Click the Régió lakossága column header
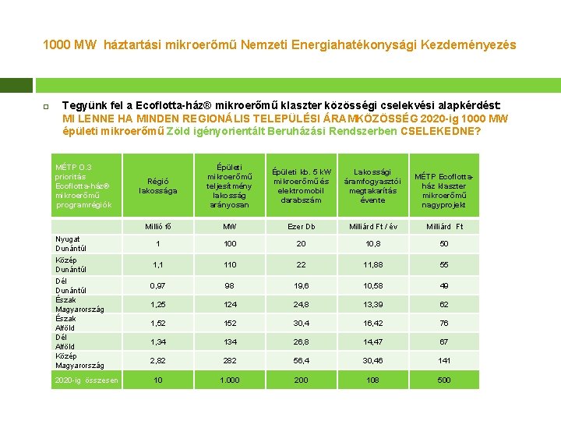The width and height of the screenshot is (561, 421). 158,186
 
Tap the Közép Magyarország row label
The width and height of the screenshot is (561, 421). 80,360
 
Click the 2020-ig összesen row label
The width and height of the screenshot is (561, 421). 86,380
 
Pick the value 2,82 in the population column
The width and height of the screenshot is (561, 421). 158,361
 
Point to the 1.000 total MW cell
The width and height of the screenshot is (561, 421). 229,380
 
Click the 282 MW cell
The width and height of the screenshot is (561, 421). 229,361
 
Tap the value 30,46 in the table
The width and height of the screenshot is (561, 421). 372,361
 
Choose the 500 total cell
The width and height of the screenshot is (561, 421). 444,380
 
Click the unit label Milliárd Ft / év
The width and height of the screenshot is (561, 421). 372,227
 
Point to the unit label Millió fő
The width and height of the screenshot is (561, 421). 158,227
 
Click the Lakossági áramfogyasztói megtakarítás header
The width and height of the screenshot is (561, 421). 372,186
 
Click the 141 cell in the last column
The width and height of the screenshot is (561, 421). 444,361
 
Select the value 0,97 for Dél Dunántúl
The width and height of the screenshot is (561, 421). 158,285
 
